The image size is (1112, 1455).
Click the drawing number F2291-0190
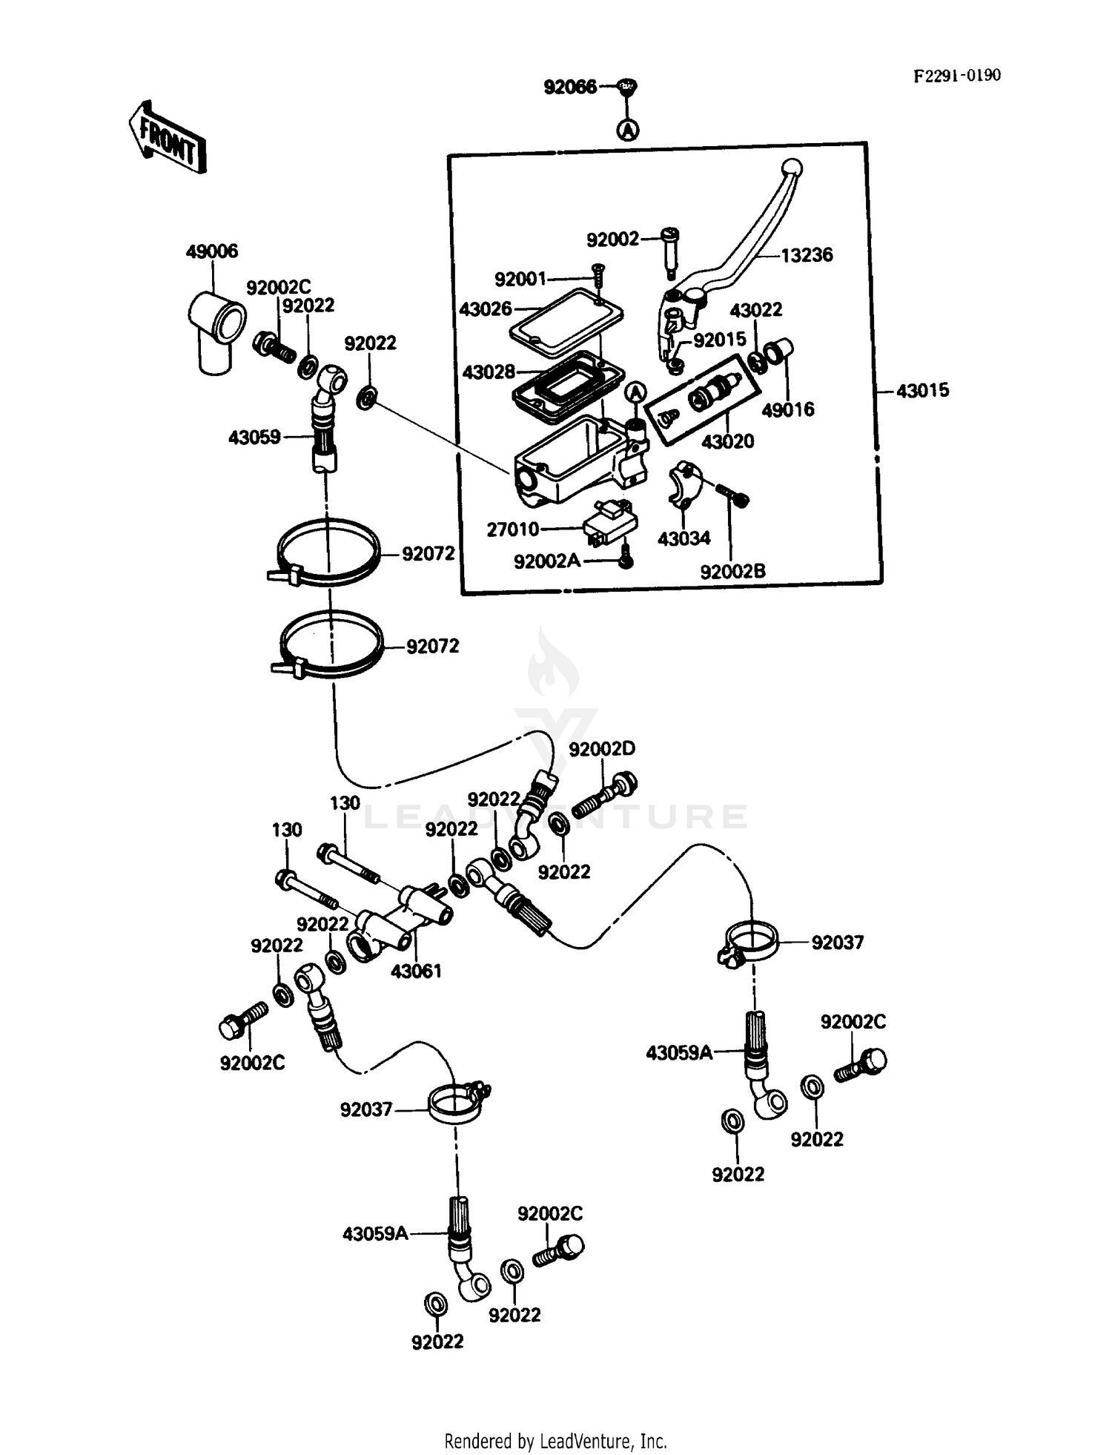[x=956, y=76]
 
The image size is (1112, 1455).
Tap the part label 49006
[x=211, y=251]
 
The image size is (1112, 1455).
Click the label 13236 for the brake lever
[x=807, y=255]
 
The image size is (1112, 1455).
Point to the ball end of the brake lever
[x=792, y=168]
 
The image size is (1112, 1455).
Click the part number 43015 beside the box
[x=922, y=391]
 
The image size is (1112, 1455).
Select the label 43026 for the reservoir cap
[x=486, y=309]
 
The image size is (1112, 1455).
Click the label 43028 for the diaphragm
[x=489, y=372]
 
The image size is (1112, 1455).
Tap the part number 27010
[x=513, y=529]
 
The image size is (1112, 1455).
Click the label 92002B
[x=732, y=571]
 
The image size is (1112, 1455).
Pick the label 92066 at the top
[x=570, y=88]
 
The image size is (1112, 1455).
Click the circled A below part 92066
[x=628, y=131]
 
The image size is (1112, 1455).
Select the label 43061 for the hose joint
[x=416, y=971]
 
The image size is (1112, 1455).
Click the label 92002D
[x=602, y=749]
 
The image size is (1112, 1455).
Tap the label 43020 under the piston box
[x=727, y=441]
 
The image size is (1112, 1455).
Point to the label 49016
[x=788, y=409]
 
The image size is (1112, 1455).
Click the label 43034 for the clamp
[x=684, y=538]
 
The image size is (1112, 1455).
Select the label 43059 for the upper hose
[x=254, y=438]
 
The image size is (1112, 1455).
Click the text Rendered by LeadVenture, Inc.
[x=555, y=1441]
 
